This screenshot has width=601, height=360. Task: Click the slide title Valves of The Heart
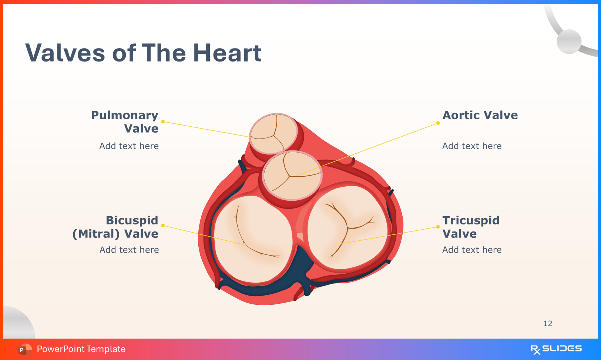tap(143, 53)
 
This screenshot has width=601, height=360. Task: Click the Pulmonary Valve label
tap(125, 121)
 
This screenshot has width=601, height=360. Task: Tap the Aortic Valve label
tap(480, 115)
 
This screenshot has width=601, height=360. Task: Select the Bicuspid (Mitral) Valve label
tap(115, 227)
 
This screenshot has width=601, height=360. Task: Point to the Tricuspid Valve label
tap(471, 227)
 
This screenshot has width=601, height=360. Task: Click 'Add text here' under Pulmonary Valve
tap(129, 146)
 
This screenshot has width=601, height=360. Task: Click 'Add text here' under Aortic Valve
tap(472, 146)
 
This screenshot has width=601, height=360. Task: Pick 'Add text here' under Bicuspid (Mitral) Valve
tap(129, 250)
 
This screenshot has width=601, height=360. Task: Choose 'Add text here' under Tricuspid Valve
tap(472, 250)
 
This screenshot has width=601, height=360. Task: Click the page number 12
tap(548, 323)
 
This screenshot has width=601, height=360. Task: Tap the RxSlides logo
tap(556, 349)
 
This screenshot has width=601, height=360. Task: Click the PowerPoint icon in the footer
tap(24, 349)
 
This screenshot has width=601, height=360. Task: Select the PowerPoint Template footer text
tap(81, 349)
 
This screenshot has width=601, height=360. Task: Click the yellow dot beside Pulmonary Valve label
tap(163, 121)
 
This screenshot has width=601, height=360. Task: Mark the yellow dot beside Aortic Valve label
tap(438, 123)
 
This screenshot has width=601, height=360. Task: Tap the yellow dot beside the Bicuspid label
tap(163, 225)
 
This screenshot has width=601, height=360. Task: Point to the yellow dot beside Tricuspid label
tap(438, 227)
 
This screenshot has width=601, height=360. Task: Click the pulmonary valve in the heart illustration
tap(273, 134)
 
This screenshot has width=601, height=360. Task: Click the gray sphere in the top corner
tap(569, 41)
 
